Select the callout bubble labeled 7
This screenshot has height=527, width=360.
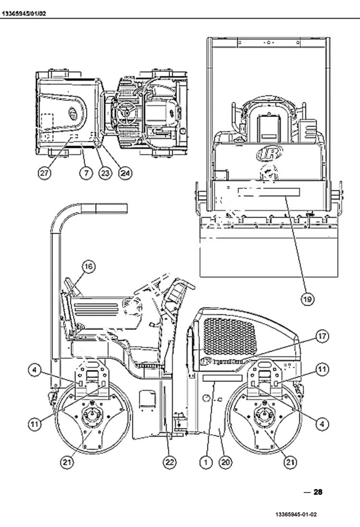pyautogui.click(x=86, y=173)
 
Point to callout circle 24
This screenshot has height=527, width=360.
pyautogui.click(x=125, y=173)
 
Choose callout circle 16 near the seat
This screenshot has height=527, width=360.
pyautogui.click(x=90, y=266)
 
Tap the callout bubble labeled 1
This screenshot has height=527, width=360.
pyautogui.click(x=206, y=462)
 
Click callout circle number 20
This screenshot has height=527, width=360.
pyautogui.click(x=225, y=462)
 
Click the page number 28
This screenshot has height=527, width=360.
pyautogui.click(x=318, y=492)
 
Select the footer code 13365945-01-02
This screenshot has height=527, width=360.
pyautogui.click(x=296, y=515)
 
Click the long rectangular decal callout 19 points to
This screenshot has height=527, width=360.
pyautogui.click(x=268, y=192)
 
